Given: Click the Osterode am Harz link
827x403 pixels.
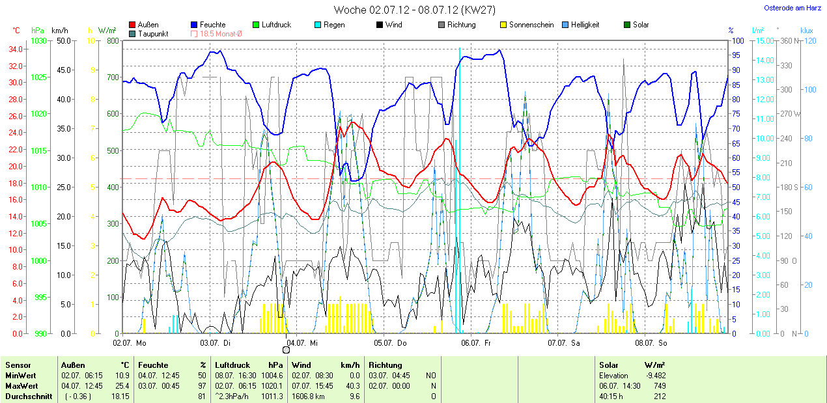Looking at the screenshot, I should coord(792,8).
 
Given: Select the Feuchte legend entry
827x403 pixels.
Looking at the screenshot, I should coord(213,25).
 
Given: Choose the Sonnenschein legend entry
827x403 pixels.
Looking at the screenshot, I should coord(531,25).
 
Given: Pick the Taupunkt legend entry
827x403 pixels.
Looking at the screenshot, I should coord(154,34).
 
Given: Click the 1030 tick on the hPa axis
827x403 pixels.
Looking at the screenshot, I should coord(39,41).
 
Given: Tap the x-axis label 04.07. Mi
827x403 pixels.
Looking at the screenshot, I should coord(301,342).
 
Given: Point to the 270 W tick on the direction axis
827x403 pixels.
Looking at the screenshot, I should coord(790,114).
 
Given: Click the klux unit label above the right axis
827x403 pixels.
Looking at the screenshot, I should coord(806,30).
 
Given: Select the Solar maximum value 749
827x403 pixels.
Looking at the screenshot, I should coord(658,385).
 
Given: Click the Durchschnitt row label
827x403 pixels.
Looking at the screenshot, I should coord(29,396).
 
